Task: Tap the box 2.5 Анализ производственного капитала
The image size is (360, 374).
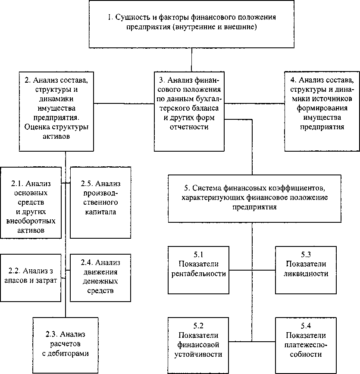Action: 100,202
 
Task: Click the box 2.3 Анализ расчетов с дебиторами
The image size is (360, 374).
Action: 66,343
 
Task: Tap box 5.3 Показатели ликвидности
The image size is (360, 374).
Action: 306,267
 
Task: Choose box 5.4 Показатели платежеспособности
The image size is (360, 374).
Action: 306,345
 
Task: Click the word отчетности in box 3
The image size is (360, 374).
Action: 189,127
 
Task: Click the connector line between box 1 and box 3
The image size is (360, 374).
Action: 191,59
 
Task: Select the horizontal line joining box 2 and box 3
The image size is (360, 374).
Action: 125,103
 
